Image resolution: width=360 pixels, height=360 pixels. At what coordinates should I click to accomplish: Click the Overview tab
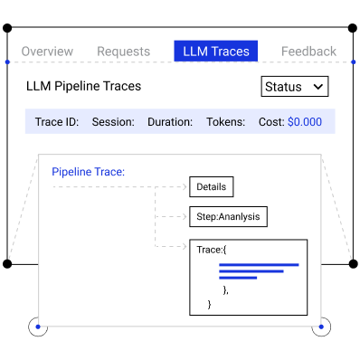(47, 52)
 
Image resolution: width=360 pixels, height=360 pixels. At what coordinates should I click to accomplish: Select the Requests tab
(124, 52)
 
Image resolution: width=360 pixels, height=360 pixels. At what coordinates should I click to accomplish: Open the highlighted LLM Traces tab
(216, 51)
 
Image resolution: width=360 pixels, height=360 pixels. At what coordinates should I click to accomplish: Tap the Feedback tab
(308, 52)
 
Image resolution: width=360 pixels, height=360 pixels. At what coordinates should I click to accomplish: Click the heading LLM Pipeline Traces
(83, 86)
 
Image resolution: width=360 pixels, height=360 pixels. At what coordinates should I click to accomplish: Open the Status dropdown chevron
(318, 87)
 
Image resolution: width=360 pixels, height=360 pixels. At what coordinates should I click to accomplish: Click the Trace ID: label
(57, 122)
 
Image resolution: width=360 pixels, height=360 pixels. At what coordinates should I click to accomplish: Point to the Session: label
(113, 122)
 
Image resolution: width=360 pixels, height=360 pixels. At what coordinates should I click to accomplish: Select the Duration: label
(170, 122)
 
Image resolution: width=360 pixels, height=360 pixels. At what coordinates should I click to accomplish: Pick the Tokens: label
(225, 122)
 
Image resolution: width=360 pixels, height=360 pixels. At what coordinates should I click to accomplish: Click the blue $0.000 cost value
(305, 122)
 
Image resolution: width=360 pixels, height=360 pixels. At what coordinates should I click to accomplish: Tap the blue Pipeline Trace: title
(88, 172)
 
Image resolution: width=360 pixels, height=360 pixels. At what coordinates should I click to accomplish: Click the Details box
(212, 187)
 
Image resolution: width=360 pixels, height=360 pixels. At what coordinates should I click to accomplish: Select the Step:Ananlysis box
(228, 216)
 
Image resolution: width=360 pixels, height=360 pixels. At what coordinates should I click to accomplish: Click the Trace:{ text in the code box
(212, 250)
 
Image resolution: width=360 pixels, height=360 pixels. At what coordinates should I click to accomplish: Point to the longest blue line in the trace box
(259, 265)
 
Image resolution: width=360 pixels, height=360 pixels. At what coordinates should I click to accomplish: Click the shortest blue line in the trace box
(238, 278)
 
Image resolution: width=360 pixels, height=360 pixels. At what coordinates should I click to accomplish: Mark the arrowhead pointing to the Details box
(185, 187)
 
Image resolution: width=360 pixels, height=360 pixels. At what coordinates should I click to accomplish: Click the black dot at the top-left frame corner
(7, 28)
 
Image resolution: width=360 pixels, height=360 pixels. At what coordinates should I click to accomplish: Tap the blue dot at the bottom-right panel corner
(321, 327)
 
